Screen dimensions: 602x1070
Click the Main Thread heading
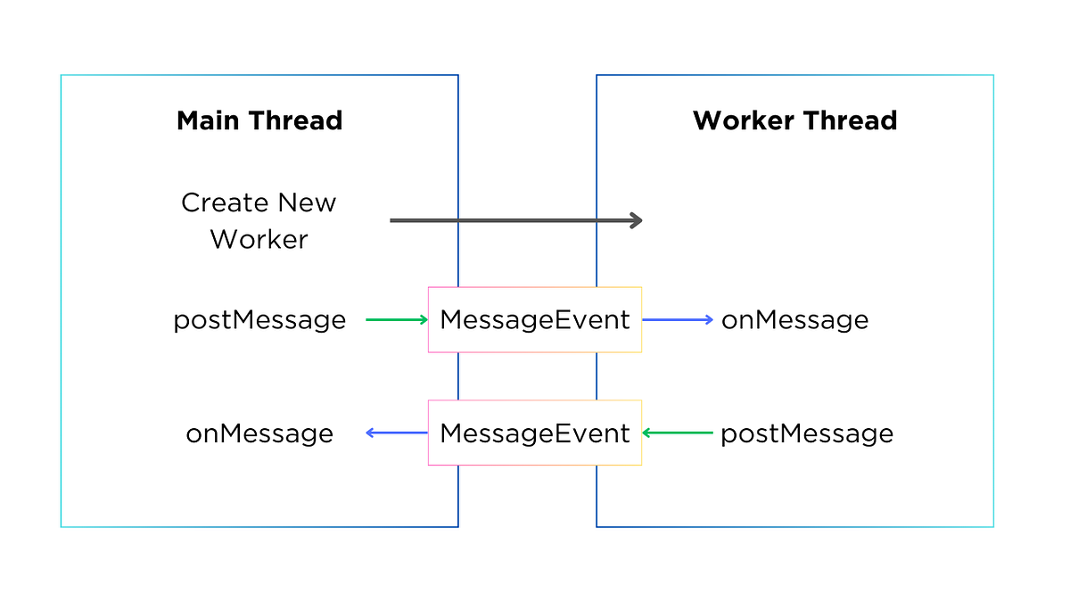259,120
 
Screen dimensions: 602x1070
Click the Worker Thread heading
794,120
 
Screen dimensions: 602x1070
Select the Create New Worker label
259,220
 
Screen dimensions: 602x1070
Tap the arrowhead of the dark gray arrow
637,220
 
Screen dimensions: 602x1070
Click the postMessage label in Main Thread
259,320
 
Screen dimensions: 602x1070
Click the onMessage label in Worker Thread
794,320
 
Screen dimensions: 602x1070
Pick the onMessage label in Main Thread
259,433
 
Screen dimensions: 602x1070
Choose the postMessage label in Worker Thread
807,433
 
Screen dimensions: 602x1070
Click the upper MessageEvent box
535,319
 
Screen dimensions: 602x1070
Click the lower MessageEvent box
535,433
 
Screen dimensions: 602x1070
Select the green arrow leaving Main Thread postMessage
397,319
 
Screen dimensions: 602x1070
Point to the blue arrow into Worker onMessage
678,319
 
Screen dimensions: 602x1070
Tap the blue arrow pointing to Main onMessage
397,433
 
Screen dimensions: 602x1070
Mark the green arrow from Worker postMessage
678,433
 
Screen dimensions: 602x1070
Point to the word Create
225,202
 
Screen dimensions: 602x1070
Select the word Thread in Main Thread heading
298,120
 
